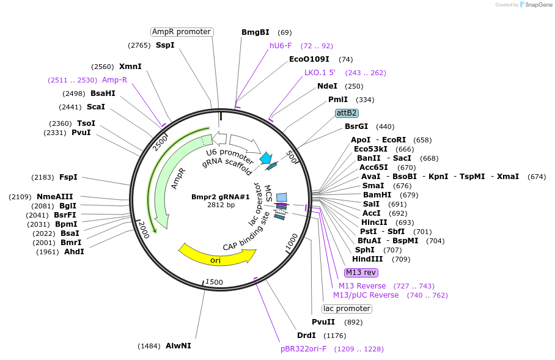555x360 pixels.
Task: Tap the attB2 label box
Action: (x=347, y=113)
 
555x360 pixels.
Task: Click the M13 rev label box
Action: (x=361, y=273)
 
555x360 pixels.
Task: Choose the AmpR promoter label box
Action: (x=182, y=32)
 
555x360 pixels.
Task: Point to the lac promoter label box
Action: (x=347, y=309)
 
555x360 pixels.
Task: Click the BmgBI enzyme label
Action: (x=255, y=32)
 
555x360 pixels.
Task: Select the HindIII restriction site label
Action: (x=369, y=259)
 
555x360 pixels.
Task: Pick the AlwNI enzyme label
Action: (x=178, y=346)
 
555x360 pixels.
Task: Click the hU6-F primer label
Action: (x=281, y=46)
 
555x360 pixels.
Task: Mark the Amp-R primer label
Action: (x=114, y=80)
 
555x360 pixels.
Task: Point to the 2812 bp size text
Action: (x=221, y=205)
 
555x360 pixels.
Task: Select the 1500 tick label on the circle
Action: (x=214, y=282)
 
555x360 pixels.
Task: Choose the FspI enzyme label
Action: (x=68, y=177)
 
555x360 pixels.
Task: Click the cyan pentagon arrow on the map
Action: (x=266, y=158)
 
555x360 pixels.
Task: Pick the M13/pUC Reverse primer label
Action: (x=366, y=295)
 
